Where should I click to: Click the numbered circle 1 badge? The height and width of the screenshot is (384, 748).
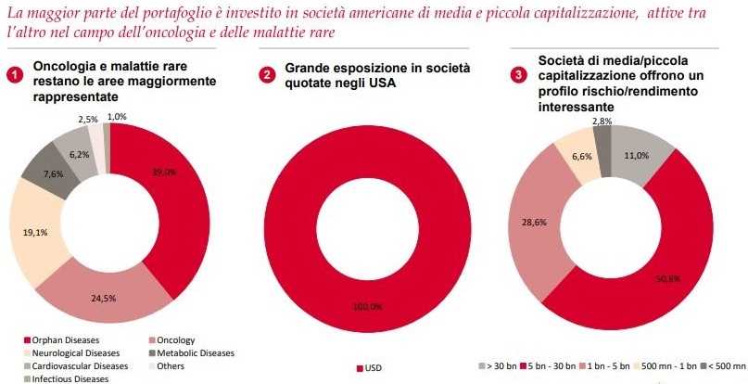tap(15, 75)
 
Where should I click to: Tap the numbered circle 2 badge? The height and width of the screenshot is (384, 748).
tap(267, 75)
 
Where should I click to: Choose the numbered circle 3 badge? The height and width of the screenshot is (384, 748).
tap(519, 75)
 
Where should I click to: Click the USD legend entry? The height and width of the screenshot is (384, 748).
tap(368, 368)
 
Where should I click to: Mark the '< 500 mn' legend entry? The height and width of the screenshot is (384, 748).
tap(724, 366)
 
